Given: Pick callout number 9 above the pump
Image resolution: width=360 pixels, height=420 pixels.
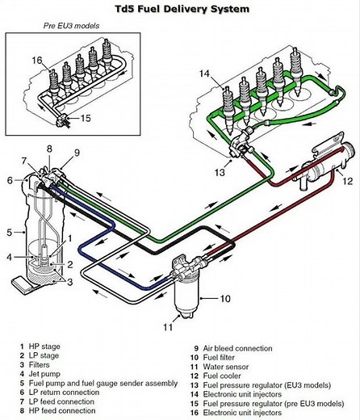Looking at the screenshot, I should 77,152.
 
